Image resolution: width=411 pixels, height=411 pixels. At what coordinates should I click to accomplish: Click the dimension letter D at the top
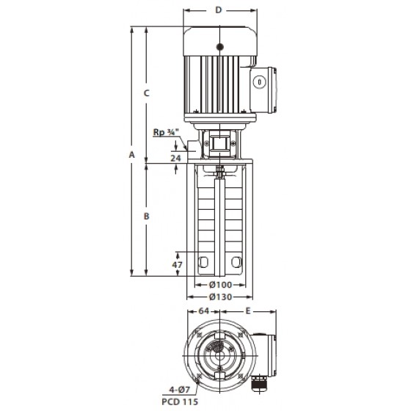[x=219, y=10]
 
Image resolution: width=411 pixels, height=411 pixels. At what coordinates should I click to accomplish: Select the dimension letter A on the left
[x=131, y=155]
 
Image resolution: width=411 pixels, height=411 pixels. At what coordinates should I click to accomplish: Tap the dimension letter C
[x=147, y=93]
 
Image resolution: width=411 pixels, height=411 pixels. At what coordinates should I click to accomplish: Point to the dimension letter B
[x=147, y=217]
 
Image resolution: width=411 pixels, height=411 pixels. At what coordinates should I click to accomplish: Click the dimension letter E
[x=248, y=311]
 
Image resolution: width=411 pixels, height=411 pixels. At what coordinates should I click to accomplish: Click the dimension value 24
[x=175, y=158]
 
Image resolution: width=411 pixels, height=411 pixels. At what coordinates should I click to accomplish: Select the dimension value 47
[x=177, y=265]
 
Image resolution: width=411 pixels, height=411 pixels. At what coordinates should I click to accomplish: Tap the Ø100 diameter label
[x=221, y=285]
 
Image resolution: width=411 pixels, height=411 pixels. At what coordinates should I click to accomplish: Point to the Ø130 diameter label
[x=221, y=297]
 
